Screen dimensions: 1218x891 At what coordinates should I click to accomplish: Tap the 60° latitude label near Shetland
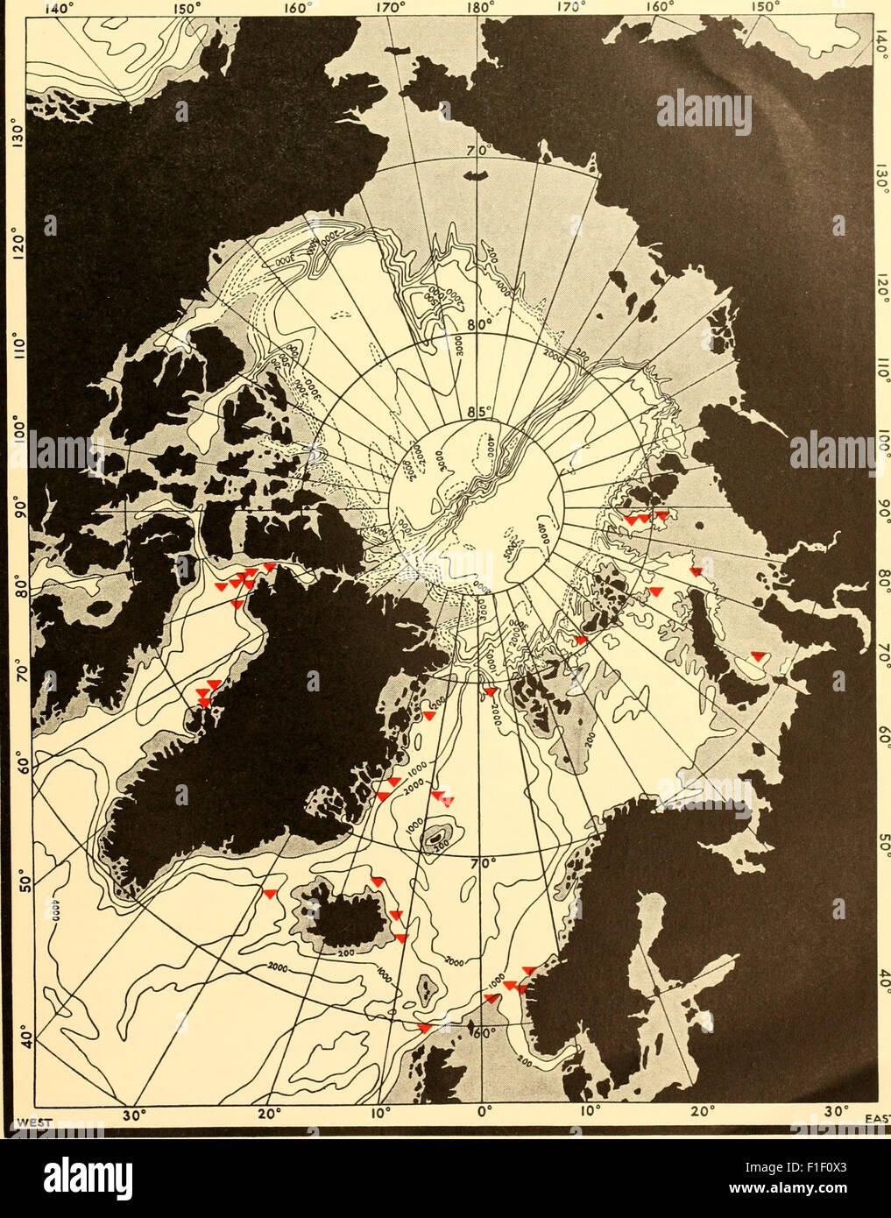pos(485,1032)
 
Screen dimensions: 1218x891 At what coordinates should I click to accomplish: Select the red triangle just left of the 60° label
pos(425,1028)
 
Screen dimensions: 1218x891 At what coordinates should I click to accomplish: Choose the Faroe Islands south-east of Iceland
pos(426,992)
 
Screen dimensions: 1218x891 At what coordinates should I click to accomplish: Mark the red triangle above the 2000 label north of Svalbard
pos(490,692)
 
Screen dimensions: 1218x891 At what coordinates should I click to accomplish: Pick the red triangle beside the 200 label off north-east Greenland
pos(428,716)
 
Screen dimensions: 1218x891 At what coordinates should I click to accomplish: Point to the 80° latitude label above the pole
pos(477,324)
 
